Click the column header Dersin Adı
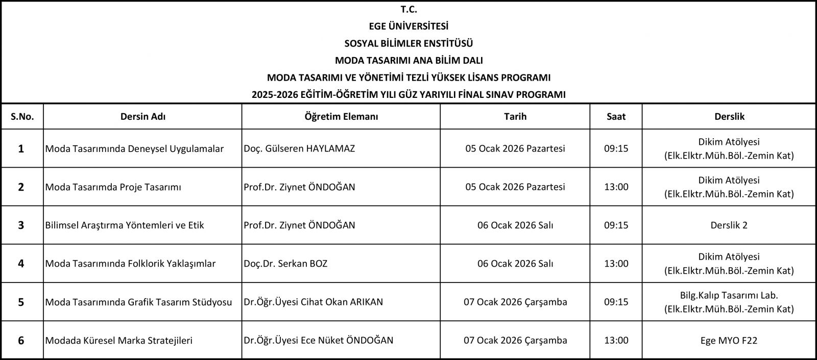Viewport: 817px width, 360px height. pos(142,116)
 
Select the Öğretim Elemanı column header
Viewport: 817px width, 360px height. pos(341,116)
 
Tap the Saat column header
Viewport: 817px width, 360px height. pos(616,116)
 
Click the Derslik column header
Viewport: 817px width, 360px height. pos(729,116)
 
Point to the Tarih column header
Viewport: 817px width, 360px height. pos(515,116)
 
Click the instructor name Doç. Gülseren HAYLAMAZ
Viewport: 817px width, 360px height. pos(299,149)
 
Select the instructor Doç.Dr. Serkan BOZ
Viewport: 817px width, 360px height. pos(285,264)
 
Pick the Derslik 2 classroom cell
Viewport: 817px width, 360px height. pos(729,225)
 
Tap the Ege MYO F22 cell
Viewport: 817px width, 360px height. pos(729,340)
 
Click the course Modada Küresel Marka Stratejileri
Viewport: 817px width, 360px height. pos(119,340)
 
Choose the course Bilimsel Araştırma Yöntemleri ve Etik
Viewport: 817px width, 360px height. pos(125,225)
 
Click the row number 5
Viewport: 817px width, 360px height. pos(21,302)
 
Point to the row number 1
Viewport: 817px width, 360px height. pos(21,149)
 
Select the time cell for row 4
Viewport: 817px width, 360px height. pos(616,264)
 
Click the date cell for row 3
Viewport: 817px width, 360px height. pos(515,225)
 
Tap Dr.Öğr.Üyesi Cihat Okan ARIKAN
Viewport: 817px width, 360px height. pos(313,302)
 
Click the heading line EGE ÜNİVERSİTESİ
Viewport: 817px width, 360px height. pos(408,26)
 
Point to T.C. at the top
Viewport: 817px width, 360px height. pos(408,9)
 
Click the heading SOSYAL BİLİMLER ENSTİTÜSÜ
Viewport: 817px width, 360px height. pos(408,43)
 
